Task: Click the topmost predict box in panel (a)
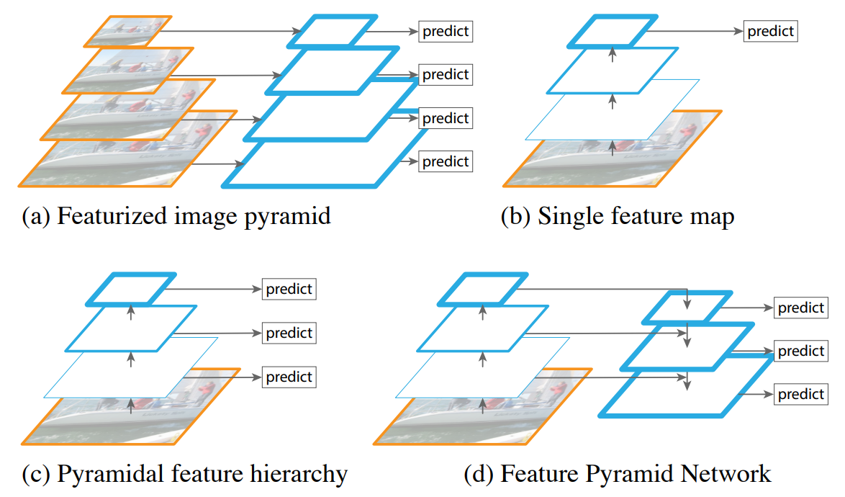coord(446,32)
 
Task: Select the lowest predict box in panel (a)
coord(446,161)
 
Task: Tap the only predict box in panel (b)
coord(771,32)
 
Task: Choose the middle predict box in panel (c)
coord(289,333)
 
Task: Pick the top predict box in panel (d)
coord(801,308)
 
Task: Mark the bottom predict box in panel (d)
coord(801,394)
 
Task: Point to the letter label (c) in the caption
coord(36,474)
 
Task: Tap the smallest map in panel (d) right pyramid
coord(687,308)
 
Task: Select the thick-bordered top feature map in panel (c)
coord(130,288)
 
